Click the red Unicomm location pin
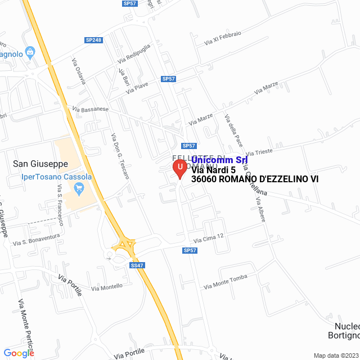click(x=179, y=168)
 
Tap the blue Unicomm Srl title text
click(x=219, y=160)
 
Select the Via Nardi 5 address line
click(x=214, y=170)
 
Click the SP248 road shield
click(x=94, y=40)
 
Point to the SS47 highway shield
click(x=138, y=265)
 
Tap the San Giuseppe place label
click(x=40, y=164)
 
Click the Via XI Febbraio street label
click(x=223, y=38)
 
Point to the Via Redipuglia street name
click(x=134, y=53)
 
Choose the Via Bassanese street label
click(x=90, y=110)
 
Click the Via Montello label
click(x=107, y=287)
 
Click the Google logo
click(x=19, y=353)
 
